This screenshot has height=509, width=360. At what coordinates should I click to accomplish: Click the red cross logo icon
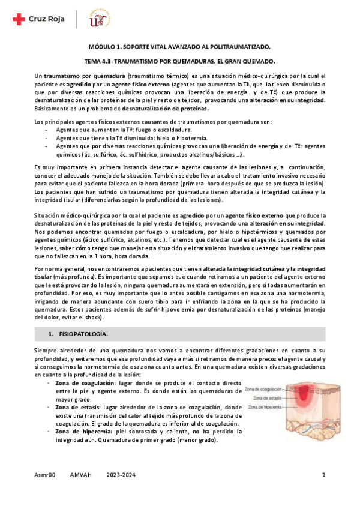click(18, 20)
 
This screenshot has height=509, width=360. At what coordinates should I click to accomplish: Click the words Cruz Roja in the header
click(46, 20)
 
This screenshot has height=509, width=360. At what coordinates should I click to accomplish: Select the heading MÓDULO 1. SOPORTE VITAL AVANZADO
click(179, 47)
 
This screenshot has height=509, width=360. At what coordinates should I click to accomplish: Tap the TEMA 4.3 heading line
click(179, 61)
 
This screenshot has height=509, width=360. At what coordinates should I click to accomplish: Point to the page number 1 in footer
click(323, 476)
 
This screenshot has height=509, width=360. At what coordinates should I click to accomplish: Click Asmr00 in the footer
click(45, 476)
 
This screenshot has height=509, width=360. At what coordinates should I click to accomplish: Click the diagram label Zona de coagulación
click(267, 389)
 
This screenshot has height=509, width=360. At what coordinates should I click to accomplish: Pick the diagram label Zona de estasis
click(267, 398)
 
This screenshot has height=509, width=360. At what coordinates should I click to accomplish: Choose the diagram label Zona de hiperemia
click(268, 406)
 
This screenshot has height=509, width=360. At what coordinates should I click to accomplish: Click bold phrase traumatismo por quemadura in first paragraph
click(84, 76)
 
